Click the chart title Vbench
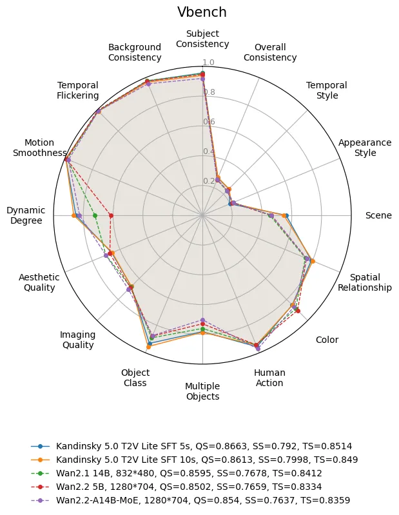point(202,12)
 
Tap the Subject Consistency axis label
point(202,39)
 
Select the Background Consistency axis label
point(135,52)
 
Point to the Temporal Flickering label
point(77,90)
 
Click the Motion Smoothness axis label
point(39,148)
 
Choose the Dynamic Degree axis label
point(26,215)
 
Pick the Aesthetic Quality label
point(39,282)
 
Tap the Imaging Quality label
point(77,340)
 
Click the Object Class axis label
point(135,378)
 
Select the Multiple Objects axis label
point(202,391)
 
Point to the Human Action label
point(269,378)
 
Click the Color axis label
point(327,340)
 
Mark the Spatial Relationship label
point(365,282)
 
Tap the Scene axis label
point(378,215)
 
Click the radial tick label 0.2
point(209,181)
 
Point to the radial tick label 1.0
point(209,63)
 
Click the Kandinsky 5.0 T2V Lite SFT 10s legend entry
point(207,460)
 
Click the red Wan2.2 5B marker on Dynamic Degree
point(111,215)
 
